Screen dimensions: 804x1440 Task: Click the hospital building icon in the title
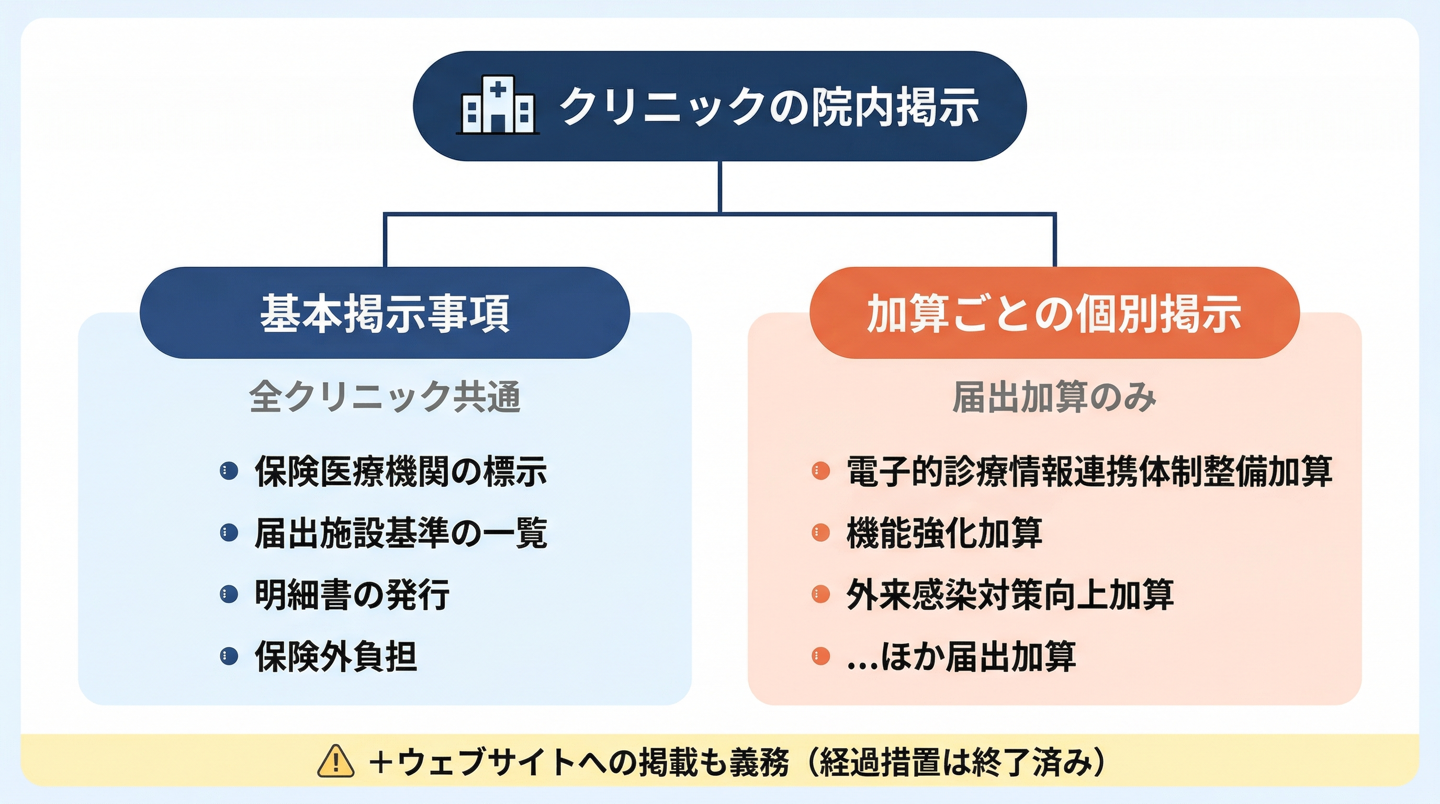[x=498, y=107]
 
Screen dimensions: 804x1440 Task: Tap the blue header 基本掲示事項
[x=385, y=313]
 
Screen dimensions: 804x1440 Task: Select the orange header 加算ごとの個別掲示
[x=1054, y=313]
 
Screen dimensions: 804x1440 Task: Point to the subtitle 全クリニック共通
[x=385, y=397]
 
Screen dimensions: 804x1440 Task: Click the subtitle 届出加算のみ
[x=1054, y=397]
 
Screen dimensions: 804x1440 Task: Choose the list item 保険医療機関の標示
[x=400, y=471]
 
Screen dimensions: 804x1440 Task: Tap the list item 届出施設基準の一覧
[x=400, y=533]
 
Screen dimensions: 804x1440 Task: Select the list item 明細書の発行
[x=352, y=594]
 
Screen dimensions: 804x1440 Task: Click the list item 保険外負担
[x=335, y=656]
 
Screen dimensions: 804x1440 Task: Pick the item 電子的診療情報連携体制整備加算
[x=1089, y=471]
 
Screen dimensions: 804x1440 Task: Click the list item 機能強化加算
[x=944, y=533]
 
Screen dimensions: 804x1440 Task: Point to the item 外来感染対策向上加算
[x=1009, y=594]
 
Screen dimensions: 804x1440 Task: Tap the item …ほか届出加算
[x=962, y=656]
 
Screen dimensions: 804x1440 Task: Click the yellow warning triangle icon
[x=335, y=762]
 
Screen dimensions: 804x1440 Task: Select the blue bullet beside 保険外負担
[x=229, y=656]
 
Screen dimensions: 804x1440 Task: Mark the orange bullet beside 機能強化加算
[x=820, y=533]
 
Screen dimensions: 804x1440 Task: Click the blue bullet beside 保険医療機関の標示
[x=229, y=471]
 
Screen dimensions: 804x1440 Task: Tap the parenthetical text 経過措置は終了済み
[x=956, y=762]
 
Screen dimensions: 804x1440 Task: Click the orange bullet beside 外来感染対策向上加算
[x=820, y=594]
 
